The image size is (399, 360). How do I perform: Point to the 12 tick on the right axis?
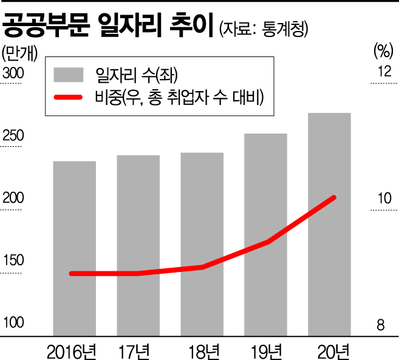pos(384,72)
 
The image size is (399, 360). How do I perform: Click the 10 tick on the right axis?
pos(384,199)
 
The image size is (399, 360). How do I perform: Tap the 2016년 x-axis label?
pos(72,350)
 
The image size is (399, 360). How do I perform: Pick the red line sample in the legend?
pos(69,97)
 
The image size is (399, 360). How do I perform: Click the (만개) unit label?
pos(19,50)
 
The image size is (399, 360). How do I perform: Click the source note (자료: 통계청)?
pos(265,28)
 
